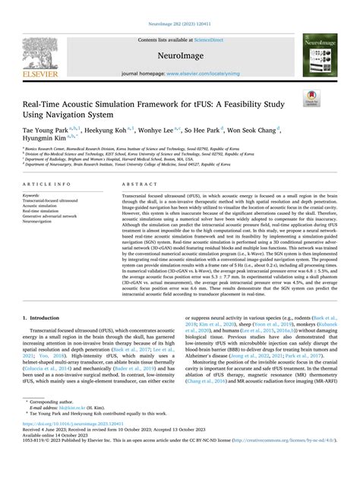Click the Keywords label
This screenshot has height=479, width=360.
33,195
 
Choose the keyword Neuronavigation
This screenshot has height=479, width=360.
43,222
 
